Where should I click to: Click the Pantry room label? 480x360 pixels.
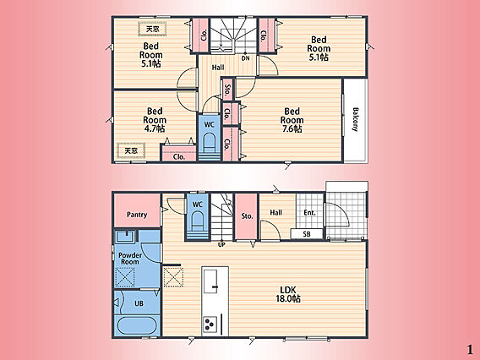[x=137, y=215]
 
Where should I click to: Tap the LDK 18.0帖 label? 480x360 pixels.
[x=288, y=294]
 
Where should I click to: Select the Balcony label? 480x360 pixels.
[x=356, y=119]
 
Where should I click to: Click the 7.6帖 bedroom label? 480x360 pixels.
[x=292, y=120]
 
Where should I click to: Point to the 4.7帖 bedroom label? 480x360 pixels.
[x=155, y=120]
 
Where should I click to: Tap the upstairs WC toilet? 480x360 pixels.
[x=209, y=142]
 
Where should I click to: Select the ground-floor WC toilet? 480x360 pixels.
[x=198, y=220]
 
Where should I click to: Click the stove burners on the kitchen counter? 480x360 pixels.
[x=210, y=324]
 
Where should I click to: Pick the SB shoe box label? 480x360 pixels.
[x=307, y=234]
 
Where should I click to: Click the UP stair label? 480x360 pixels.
[x=221, y=244]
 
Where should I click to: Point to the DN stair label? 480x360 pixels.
[x=246, y=58]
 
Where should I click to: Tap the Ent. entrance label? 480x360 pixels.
[x=309, y=212]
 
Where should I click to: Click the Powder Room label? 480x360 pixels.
[x=130, y=259]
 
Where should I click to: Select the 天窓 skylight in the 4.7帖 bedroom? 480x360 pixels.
[x=131, y=150]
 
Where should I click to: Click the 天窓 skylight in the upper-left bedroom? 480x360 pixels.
[x=152, y=30]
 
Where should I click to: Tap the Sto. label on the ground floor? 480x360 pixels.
[x=247, y=216]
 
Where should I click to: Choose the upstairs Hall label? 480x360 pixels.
[x=218, y=67]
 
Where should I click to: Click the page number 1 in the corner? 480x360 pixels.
[x=470, y=350]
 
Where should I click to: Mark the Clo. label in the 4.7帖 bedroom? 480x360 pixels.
[x=179, y=156]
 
